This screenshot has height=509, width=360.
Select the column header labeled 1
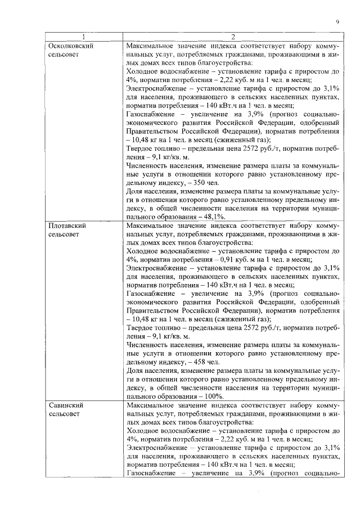(x=83, y=37)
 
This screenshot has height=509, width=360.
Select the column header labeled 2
(x=232, y=37)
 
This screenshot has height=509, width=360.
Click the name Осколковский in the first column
(x=70, y=46)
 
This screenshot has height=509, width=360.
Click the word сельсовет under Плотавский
(x=64, y=234)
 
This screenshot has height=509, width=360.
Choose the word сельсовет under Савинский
(x=64, y=414)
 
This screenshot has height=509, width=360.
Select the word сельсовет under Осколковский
(x=64, y=55)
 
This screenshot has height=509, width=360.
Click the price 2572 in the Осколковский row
(x=251, y=148)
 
